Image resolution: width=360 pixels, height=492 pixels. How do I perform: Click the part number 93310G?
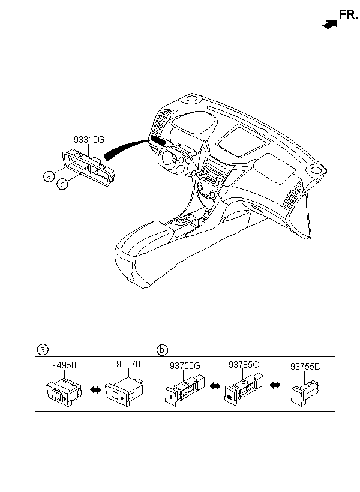tap(89, 139)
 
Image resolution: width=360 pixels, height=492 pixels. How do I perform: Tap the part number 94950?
tap(64, 365)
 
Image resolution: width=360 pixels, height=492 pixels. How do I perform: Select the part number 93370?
tap(128, 364)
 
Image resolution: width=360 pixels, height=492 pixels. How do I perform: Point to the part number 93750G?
tap(185, 366)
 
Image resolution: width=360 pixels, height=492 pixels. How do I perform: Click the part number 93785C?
tap(244, 365)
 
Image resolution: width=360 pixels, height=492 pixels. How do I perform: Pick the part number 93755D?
tap(306, 366)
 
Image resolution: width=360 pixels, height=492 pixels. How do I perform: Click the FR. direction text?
tap(348, 14)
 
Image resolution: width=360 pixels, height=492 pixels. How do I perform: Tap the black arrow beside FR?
tap(330, 24)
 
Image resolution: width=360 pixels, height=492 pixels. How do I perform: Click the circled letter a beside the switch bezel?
tap(49, 176)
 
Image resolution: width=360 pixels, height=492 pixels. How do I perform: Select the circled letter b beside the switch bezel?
tap(62, 184)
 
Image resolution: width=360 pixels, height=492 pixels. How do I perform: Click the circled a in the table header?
tap(42, 350)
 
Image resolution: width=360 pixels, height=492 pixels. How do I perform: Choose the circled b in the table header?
tap(162, 350)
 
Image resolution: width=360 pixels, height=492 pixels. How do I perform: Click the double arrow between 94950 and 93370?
tap(95, 390)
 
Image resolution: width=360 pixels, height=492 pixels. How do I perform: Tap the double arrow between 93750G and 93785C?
tap(215, 386)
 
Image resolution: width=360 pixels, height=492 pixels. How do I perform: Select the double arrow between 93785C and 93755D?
tap(275, 385)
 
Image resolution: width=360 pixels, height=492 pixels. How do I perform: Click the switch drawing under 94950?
tap(64, 392)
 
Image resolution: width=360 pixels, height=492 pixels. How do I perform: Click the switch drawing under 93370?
tap(125, 391)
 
